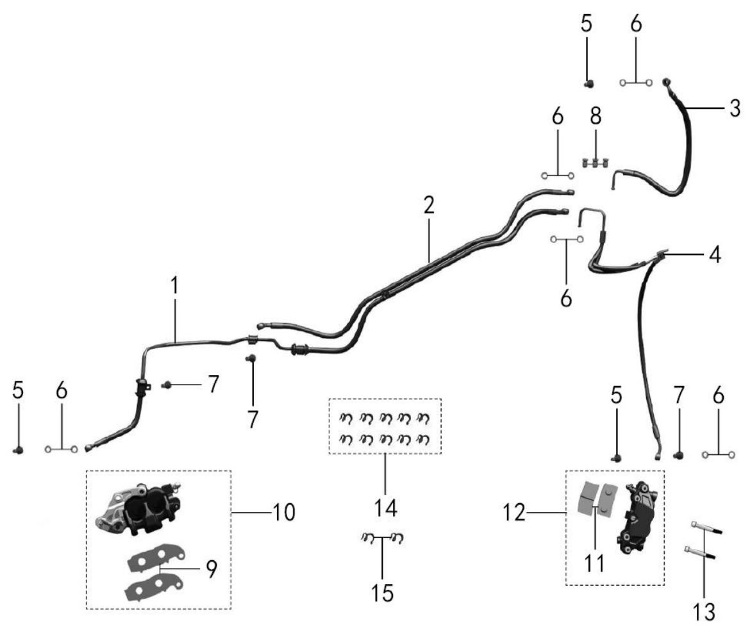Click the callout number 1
175,285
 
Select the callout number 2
429,204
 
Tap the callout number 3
735,108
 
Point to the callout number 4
715,255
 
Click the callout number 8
596,116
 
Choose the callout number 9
212,569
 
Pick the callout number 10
284,512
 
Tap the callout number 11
594,563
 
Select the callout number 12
514,513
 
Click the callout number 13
704,612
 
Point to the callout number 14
385,508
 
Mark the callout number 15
383,594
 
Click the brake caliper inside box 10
138,508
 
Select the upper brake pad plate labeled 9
156,558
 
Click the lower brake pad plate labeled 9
154,587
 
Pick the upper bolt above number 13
706,528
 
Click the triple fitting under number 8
596,163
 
